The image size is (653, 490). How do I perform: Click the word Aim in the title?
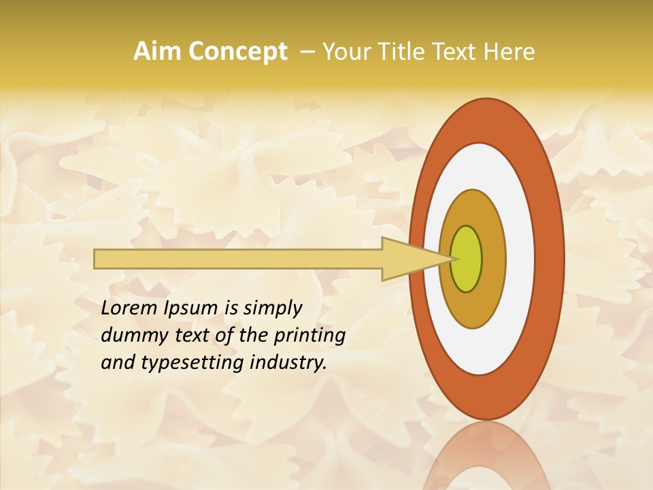[x=157, y=52]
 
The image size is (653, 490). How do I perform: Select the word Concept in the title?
[x=237, y=52]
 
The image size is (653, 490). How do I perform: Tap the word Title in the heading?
[x=407, y=52]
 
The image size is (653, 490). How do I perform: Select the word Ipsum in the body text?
[x=190, y=308]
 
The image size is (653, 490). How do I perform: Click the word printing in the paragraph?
[x=309, y=336]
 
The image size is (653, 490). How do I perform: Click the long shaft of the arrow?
[x=238, y=259]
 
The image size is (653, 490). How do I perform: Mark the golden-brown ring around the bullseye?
[x=493, y=259]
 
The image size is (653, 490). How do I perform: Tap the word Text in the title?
[x=457, y=52]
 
